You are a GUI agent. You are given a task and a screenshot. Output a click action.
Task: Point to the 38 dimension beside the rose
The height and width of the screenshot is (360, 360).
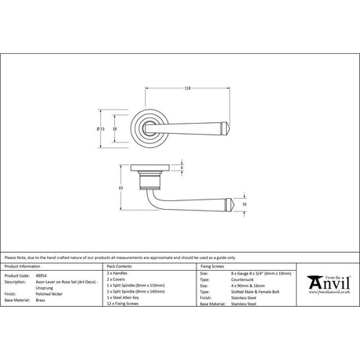point(115,128)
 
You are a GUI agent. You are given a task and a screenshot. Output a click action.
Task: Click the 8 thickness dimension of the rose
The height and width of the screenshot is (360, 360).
point(182,168)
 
